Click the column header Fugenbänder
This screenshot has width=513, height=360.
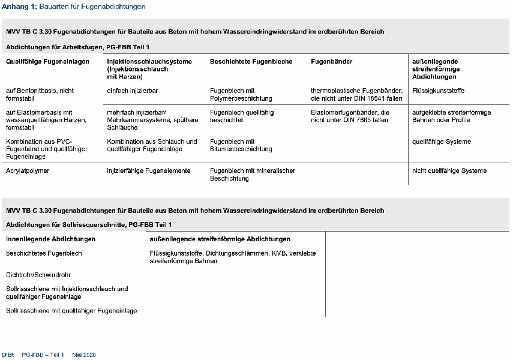[331, 61]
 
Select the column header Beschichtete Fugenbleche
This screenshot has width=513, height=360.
[251, 61]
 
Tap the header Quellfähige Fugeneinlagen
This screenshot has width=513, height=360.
[48, 61]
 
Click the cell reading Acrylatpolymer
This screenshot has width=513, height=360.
[28, 170]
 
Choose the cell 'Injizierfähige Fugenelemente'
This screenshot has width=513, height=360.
[149, 170]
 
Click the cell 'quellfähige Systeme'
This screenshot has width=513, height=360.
[442, 142]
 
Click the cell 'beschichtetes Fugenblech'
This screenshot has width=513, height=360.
[44, 253]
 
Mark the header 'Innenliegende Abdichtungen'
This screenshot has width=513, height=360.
[50, 239]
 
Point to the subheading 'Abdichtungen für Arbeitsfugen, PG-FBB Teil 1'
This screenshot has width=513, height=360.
[78, 46]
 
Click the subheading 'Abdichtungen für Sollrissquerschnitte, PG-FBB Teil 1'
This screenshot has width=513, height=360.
[89, 224]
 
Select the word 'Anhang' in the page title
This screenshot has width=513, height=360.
[14, 7]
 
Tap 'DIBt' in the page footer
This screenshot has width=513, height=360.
[8, 355]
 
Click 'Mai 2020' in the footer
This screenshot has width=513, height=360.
[84, 355]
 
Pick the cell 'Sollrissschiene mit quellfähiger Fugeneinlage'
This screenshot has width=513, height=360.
[71, 310]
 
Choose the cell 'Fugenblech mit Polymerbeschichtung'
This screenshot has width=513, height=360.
[241, 94]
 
